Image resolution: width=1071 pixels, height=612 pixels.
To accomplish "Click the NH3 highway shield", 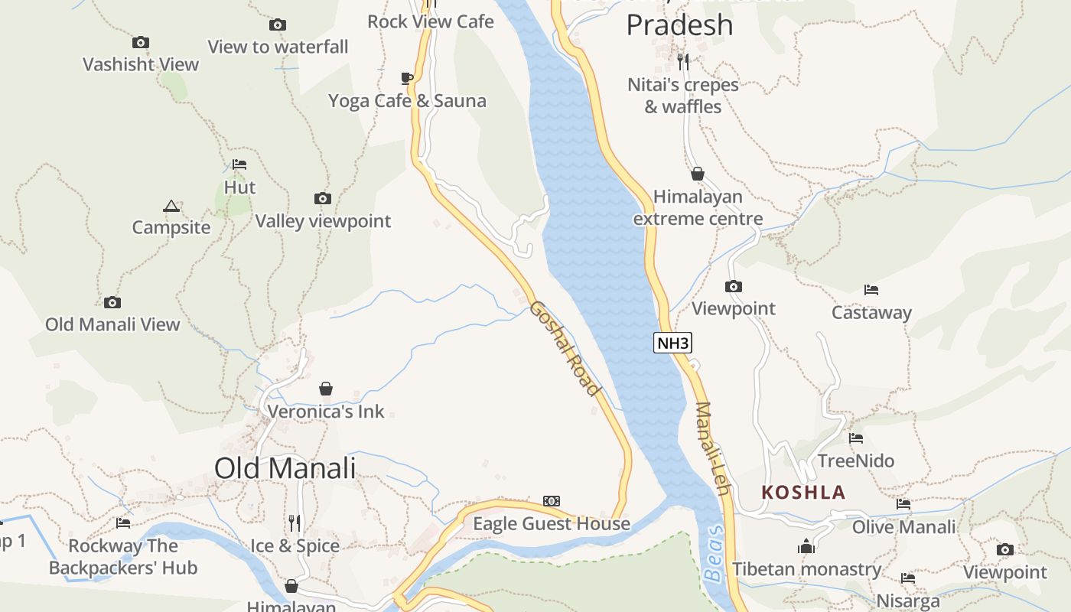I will click(x=672, y=343).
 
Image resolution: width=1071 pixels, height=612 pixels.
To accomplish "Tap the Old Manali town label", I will click(x=285, y=467).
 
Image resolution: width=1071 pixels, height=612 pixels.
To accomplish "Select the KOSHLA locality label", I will click(x=803, y=493).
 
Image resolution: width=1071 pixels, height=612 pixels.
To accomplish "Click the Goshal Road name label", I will click(x=565, y=348).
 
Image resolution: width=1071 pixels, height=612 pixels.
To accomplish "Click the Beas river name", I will click(x=713, y=553).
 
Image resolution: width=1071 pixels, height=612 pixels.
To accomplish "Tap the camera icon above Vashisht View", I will click(x=140, y=43).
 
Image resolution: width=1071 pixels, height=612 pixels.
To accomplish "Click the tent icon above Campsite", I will click(x=171, y=206).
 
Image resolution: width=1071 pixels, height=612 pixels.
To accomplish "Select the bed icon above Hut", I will click(x=239, y=164).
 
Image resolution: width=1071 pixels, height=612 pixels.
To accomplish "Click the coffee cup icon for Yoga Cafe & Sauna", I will click(x=407, y=78).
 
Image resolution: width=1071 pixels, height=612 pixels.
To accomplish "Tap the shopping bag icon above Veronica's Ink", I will click(x=326, y=389).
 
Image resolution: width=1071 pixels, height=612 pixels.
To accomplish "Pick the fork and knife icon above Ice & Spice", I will click(x=295, y=523).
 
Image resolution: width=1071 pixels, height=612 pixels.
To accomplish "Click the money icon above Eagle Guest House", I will click(x=551, y=501).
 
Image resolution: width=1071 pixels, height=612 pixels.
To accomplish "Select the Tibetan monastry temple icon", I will click(x=806, y=546).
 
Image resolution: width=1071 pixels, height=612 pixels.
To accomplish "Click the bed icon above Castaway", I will click(x=871, y=290).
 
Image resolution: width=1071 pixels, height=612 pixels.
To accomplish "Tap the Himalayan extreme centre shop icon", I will click(x=697, y=174).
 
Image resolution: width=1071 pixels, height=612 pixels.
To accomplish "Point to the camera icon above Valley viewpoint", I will click(x=322, y=199).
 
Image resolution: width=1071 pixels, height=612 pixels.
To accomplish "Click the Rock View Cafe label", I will click(x=431, y=21).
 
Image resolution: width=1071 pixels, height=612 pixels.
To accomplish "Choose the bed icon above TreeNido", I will click(x=856, y=438).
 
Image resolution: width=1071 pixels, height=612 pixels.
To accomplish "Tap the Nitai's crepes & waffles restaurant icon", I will click(x=683, y=61).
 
